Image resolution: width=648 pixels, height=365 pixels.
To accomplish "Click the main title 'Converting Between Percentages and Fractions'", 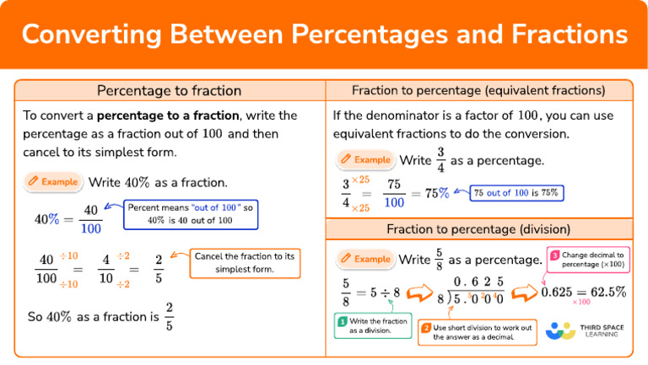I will pyautogui.click(x=324, y=35).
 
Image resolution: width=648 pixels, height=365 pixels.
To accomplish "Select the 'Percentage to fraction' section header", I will pyautogui.click(x=169, y=91).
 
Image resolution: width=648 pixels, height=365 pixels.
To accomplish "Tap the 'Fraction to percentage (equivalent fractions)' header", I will pyautogui.click(x=478, y=91).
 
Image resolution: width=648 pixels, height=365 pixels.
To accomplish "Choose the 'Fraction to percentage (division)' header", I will pyautogui.click(x=478, y=229).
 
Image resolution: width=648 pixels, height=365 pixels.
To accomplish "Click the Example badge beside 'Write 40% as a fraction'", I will pyautogui.click(x=52, y=181).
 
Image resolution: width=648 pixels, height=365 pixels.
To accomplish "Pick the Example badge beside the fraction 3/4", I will pyautogui.click(x=364, y=159).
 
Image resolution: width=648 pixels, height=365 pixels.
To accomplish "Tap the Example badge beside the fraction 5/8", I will pyautogui.click(x=364, y=259).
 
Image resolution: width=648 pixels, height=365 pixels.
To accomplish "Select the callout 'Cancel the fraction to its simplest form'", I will pyautogui.click(x=243, y=262).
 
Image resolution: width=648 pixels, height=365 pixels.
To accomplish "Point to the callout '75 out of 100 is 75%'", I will pyautogui.click(x=516, y=193).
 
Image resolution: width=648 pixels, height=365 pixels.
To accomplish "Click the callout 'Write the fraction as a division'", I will pyautogui.click(x=371, y=325).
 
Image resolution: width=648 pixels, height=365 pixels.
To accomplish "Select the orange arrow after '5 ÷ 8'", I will pyautogui.click(x=419, y=293).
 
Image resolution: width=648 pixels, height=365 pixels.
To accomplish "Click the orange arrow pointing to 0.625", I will pyautogui.click(x=523, y=293).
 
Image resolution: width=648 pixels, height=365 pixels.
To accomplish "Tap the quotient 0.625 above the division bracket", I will pyautogui.click(x=478, y=281).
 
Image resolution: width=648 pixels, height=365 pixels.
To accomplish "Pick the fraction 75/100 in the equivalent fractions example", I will pyautogui.click(x=393, y=194).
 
